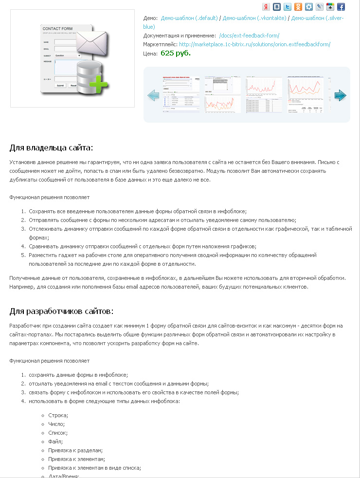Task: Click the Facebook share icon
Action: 341,7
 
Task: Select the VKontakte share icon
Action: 276,7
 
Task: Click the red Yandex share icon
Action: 266,7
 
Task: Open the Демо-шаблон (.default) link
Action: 189,18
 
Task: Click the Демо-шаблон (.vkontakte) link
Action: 254,18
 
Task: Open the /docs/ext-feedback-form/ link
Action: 249,36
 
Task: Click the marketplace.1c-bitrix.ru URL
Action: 254,44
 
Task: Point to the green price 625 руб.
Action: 176,53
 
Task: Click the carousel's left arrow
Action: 153,95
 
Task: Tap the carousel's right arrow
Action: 340,95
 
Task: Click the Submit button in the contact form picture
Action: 60,85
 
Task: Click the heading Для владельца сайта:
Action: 51,147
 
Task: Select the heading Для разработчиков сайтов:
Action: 61,311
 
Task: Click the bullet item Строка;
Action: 58,415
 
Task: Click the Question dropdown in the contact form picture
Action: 67,55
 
